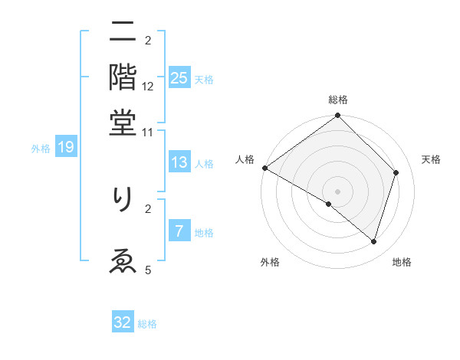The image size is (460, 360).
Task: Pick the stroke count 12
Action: tap(148, 87)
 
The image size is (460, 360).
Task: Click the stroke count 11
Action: tap(148, 132)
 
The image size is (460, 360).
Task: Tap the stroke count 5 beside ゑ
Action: tap(148, 269)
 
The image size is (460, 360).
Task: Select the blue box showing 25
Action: tap(179, 78)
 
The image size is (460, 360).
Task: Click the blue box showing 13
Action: tap(179, 162)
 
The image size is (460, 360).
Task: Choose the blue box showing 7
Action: tap(179, 231)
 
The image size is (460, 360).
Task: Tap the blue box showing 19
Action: tap(66, 147)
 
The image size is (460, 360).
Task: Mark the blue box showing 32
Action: tap(123, 322)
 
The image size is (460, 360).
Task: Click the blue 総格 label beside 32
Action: tap(148, 324)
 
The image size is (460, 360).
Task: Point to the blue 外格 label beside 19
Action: tap(41, 149)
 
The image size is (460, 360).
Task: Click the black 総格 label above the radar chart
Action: tap(338, 100)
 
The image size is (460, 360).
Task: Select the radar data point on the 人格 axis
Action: tap(264, 168)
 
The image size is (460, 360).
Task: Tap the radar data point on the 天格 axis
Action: tap(396, 172)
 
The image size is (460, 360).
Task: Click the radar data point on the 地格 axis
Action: tap(373, 241)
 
